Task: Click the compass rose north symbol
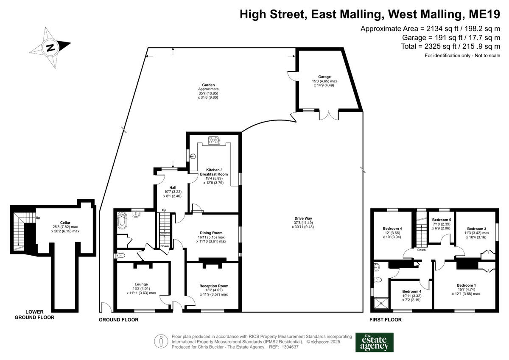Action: [x=51, y=47]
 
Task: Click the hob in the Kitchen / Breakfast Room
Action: [x=213, y=140]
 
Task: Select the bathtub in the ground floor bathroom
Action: [x=123, y=221]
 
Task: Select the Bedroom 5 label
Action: [x=441, y=220]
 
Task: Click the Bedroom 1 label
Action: [x=466, y=285]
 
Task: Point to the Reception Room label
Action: [x=214, y=286]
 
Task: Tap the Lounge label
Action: [x=141, y=284]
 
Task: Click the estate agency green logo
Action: [x=374, y=342]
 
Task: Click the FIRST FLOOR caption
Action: [x=385, y=320]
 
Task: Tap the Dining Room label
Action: [x=211, y=233]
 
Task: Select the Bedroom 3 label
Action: [x=477, y=229]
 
